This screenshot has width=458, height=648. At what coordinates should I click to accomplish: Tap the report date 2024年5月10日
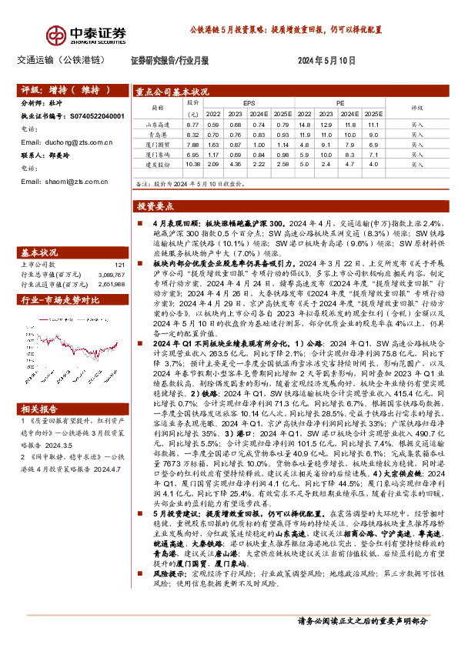326,59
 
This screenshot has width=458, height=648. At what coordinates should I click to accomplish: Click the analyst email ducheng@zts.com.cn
67,142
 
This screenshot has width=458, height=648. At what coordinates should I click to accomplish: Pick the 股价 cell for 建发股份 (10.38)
192,164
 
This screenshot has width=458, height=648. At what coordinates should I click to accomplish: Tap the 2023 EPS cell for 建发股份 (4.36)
236,164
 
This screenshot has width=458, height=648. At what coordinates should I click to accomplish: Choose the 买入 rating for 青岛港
417,134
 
